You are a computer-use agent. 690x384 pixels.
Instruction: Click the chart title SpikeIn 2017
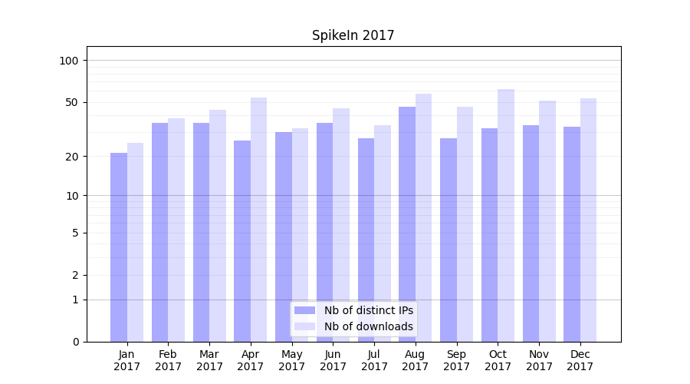pos(353,35)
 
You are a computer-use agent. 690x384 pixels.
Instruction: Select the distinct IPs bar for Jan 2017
pos(119,247)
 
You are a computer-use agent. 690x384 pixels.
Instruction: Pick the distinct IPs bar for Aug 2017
pos(407,223)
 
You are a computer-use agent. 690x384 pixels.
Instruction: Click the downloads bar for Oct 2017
pos(506,215)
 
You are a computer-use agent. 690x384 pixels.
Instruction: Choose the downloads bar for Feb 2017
pos(176,230)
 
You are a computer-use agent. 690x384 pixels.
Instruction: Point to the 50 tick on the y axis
pos(72,102)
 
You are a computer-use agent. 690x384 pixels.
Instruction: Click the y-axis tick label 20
pos(72,157)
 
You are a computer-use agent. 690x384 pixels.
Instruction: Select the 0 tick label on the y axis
pos(75,342)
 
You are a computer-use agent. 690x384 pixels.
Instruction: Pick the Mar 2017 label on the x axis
pos(209,360)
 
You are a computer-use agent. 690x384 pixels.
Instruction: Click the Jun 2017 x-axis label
pos(333,360)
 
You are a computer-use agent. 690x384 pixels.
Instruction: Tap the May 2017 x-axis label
pos(291,360)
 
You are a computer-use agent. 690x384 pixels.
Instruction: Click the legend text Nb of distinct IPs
pos(369,310)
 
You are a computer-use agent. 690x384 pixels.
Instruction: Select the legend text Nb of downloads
pos(369,326)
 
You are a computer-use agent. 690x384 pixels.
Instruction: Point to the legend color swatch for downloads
pos(304,326)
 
